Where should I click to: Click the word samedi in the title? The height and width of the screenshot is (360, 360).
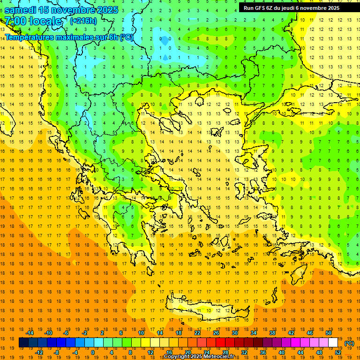point(21,10)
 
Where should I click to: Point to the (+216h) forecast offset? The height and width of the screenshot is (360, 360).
point(83,21)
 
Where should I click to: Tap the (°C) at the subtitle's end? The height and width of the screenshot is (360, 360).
point(126,37)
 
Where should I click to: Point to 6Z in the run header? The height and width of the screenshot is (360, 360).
point(270,8)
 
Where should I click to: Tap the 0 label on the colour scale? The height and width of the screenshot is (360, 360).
point(93,352)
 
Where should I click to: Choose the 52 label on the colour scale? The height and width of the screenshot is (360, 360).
point(338,352)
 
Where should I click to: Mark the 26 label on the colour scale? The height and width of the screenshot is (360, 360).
point(216,333)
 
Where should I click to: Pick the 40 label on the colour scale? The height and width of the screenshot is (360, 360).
point(282,352)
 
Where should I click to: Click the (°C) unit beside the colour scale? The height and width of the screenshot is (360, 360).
point(349,343)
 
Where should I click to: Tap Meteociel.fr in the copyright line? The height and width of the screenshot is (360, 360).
point(219,357)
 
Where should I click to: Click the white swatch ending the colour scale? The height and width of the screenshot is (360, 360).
point(333,343)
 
